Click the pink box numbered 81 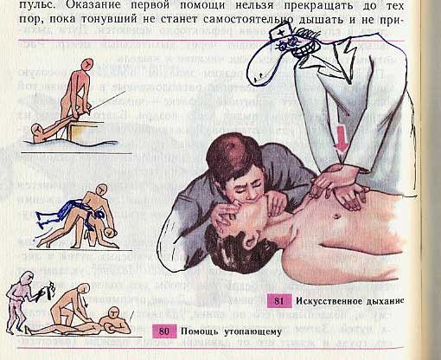tap(279, 301)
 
